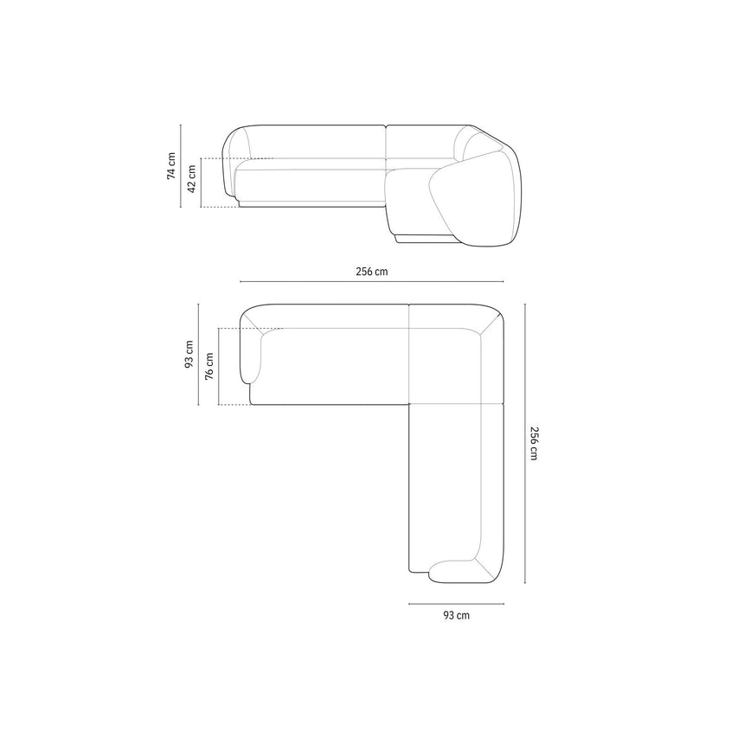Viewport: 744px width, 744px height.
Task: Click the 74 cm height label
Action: tap(170, 165)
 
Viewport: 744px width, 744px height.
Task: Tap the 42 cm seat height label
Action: tap(192, 178)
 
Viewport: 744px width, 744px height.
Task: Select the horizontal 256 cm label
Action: tap(371, 272)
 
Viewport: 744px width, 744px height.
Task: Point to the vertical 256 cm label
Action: tap(534, 443)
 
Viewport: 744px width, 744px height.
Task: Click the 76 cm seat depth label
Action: tap(209, 366)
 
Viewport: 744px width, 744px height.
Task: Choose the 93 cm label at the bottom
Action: tap(457, 615)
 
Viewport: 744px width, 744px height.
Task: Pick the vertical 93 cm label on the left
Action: tap(189, 354)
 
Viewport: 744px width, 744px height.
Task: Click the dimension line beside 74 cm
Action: tap(181, 166)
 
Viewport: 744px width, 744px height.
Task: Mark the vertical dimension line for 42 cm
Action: tap(202, 183)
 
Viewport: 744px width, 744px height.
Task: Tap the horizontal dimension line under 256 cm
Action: tap(371, 281)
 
